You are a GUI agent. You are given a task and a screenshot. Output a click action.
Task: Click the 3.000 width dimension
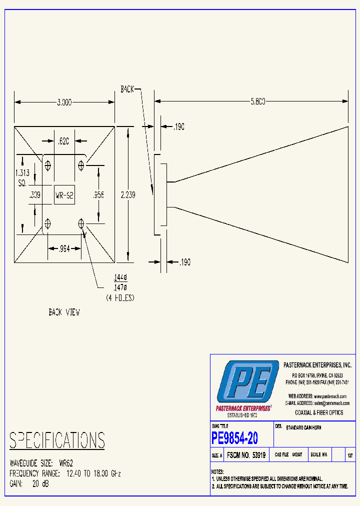[64, 102]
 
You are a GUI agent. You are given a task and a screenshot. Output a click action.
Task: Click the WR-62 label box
[64, 195]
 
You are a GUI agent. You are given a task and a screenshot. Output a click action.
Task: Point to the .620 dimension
[63, 141]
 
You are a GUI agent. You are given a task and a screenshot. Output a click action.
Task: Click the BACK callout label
[127, 89]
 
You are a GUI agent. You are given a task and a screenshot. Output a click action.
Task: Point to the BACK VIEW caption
[64, 312]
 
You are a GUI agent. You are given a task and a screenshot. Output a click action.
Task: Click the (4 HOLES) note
[120, 297]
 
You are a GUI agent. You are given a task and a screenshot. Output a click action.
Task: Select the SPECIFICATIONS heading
[57, 440]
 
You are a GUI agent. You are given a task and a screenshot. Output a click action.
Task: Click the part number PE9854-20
[235, 438]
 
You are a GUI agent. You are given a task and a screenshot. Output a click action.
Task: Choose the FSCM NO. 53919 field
[246, 455]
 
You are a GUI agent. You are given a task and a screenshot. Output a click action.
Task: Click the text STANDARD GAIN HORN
[303, 428]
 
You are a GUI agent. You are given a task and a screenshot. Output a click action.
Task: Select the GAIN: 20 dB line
[29, 483]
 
